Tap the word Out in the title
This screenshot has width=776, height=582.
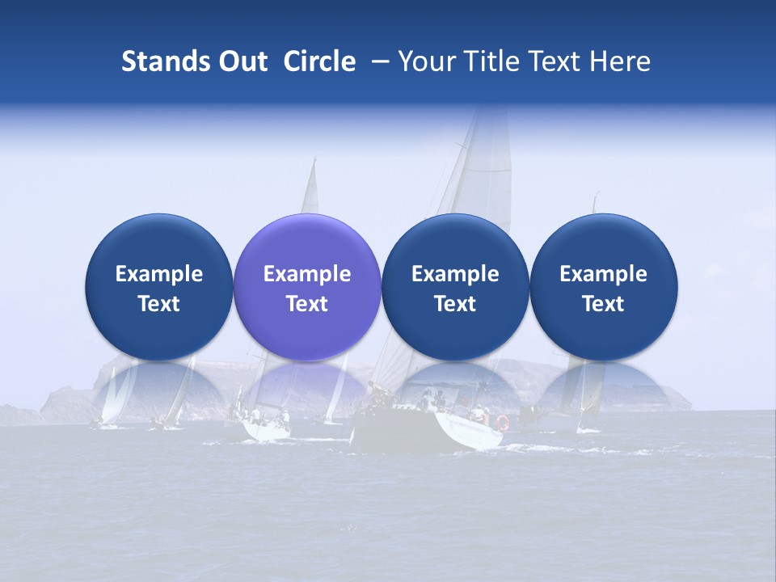click(x=240, y=62)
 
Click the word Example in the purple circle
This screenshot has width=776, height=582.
click(x=307, y=274)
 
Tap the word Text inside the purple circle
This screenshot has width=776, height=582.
click(x=307, y=304)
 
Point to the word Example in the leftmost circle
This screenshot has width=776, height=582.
click(x=159, y=274)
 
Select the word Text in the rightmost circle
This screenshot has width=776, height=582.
click(x=604, y=304)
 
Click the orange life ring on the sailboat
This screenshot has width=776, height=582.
click(x=502, y=422)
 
